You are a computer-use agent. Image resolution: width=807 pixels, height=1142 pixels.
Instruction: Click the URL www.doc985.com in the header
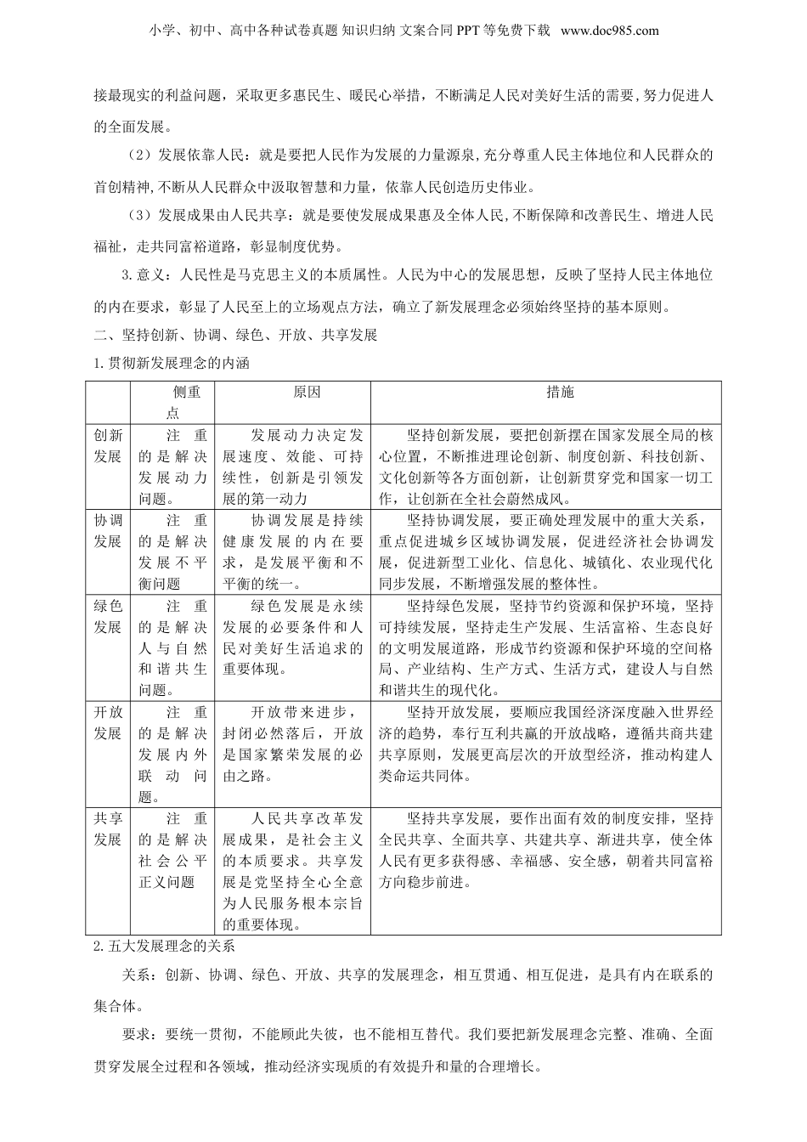(x=610, y=31)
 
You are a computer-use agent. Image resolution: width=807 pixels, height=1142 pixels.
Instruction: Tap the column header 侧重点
(x=173, y=402)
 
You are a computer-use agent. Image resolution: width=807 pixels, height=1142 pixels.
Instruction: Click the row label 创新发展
(x=108, y=445)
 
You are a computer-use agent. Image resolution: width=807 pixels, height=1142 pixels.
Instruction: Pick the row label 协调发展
(x=108, y=530)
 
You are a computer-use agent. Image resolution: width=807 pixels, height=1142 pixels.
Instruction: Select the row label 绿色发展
(x=108, y=616)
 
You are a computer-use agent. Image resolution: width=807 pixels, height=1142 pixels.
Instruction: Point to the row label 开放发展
(x=108, y=722)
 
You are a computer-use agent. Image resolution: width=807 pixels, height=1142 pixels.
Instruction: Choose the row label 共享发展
(x=108, y=828)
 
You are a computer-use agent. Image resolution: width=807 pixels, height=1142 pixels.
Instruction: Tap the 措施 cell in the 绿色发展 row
(x=545, y=647)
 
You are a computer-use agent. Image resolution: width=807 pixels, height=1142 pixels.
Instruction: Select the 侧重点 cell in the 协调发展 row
(x=173, y=551)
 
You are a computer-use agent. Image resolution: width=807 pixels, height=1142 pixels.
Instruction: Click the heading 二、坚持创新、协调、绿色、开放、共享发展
(x=235, y=334)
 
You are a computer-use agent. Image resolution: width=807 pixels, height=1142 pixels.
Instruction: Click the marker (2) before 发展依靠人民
(x=133, y=155)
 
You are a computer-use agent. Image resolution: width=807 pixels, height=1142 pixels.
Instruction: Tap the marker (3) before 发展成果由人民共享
(x=133, y=216)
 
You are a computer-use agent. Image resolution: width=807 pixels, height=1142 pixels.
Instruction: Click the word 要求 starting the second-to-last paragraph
(x=137, y=1035)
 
